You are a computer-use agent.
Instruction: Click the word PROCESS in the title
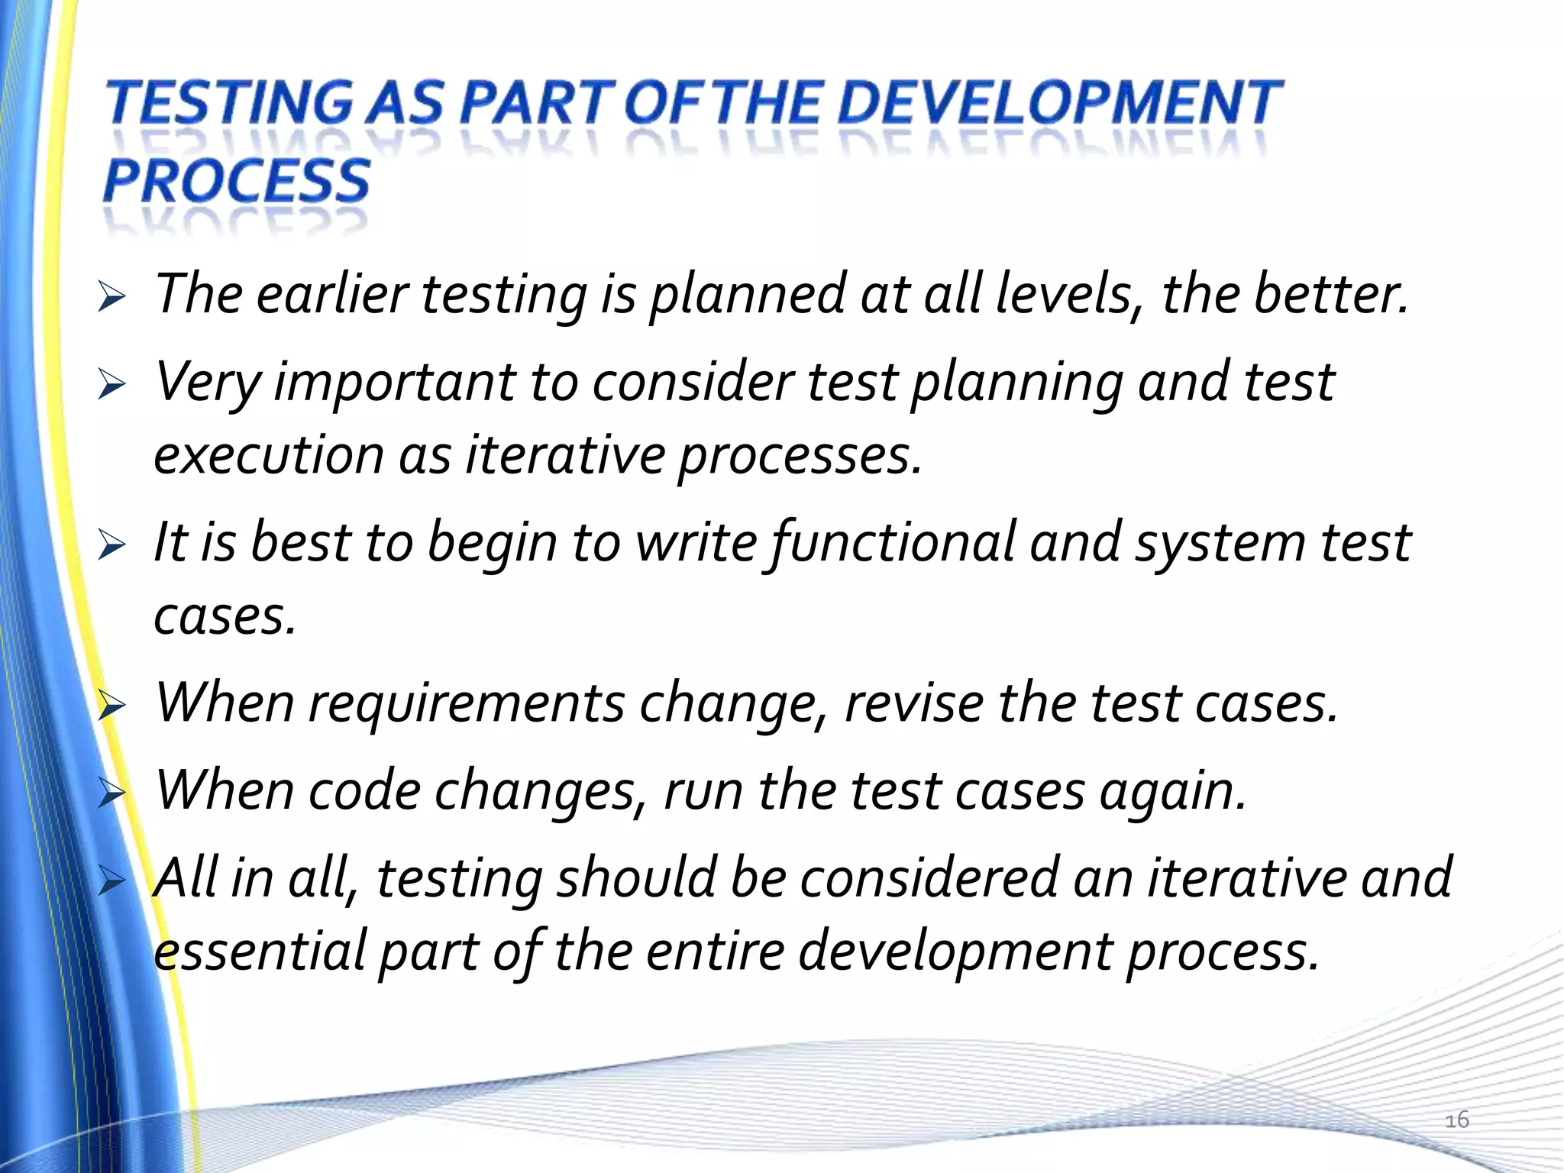237,181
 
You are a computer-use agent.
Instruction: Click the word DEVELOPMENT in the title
1060,103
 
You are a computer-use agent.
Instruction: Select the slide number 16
1456,1120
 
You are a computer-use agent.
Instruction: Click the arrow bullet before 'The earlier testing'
111,297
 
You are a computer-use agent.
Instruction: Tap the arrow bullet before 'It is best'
111,545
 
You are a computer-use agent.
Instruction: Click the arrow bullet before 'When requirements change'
111,706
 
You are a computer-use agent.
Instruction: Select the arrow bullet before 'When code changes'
111,793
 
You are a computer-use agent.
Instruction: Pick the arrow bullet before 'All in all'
111,881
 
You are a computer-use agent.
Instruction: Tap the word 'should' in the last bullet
636,878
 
